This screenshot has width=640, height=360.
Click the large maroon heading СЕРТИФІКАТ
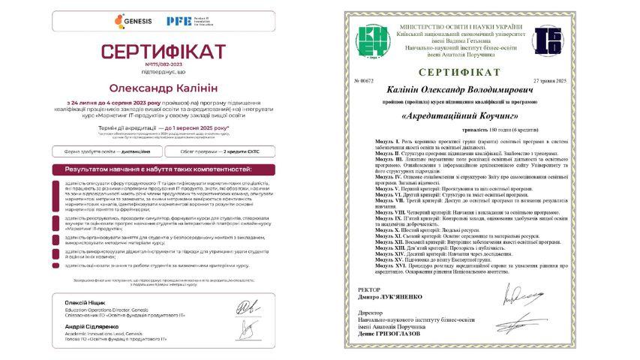[x=163, y=52]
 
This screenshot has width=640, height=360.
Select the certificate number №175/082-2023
[x=163, y=64]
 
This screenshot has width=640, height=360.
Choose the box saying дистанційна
[x=106, y=151]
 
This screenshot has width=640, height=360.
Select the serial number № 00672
[x=362, y=79]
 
